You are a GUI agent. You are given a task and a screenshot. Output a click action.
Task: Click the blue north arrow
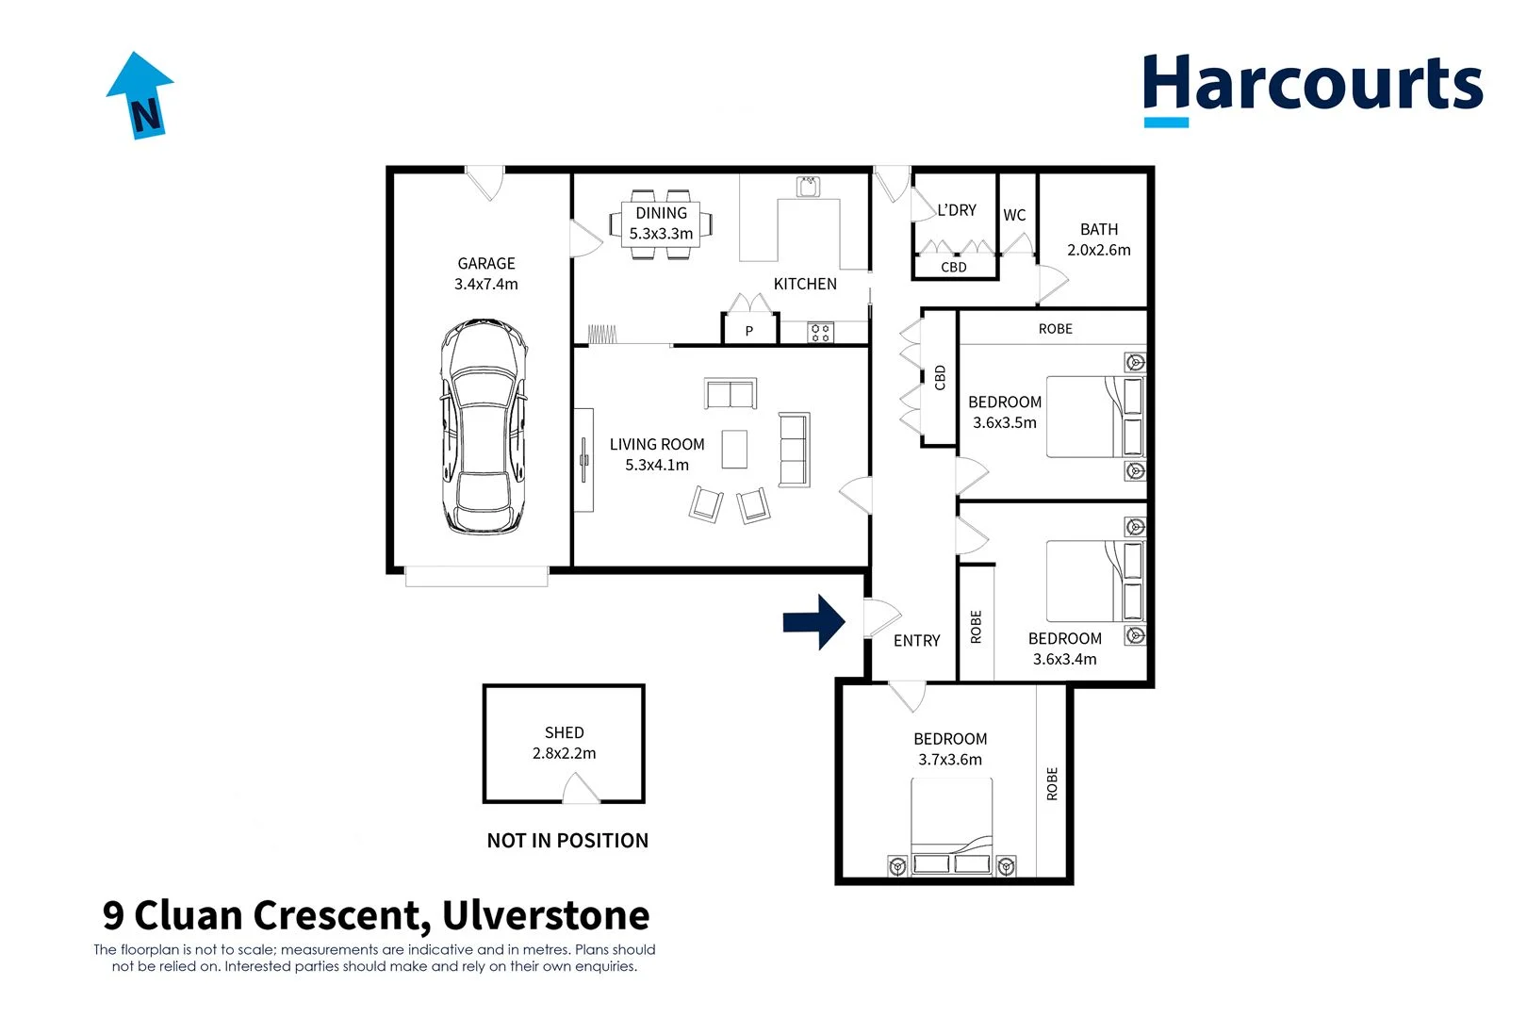[140, 95]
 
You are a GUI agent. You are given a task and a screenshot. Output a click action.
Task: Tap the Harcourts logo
[1311, 88]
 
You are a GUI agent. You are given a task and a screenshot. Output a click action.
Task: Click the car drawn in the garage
[484, 427]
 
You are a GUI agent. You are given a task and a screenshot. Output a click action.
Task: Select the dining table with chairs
[661, 224]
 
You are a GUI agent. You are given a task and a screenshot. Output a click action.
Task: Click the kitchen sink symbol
[808, 187]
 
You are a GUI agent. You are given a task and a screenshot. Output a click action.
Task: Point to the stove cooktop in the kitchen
[820, 332]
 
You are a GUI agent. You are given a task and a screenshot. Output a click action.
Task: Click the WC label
[1014, 215]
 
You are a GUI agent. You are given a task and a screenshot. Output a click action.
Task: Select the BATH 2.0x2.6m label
[1098, 239]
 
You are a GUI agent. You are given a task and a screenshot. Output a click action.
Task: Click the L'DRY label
[957, 210]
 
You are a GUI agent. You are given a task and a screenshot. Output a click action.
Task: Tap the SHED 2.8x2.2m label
[564, 743]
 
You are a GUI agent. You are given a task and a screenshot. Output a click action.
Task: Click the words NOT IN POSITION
[567, 841]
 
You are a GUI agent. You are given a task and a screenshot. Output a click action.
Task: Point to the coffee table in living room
[734, 450]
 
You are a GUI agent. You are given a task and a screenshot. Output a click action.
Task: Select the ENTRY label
[916, 641]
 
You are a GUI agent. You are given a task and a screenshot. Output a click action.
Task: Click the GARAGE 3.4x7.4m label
[486, 273]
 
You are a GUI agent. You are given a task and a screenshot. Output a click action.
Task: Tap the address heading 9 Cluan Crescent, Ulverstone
[376, 915]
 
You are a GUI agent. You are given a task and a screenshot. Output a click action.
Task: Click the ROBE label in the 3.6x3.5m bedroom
[1055, 329]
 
